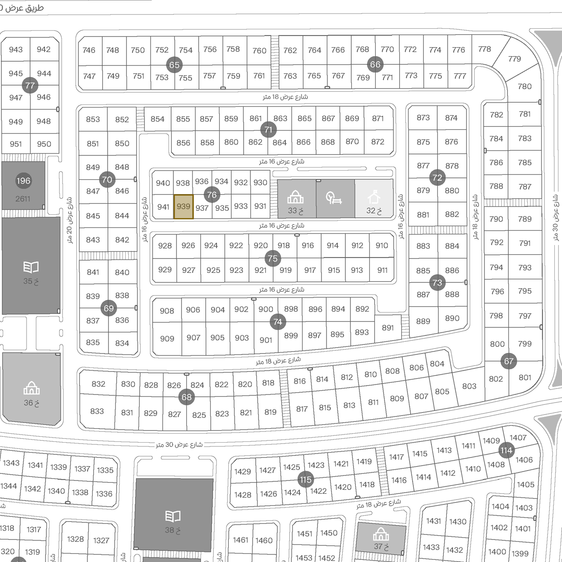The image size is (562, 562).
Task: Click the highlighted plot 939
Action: tap(184, 207)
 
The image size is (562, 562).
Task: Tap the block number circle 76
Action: tap(212, 195)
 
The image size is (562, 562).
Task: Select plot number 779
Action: tap(514, 59)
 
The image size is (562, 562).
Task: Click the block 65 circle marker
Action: tap(174, 65)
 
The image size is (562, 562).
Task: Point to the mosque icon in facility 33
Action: tap(295, 197)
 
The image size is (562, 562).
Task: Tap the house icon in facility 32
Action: tap(374, 197)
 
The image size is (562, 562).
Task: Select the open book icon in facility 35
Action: tap(31, 267)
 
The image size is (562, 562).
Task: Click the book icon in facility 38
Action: tap(173, 516)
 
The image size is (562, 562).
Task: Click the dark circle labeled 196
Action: tap(23, 181)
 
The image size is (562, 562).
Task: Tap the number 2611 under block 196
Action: tap(23, 199)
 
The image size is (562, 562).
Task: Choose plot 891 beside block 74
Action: tap(388, 328)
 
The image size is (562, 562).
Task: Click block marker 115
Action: tap(305, 480)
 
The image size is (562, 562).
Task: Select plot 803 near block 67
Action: tap(469, 386)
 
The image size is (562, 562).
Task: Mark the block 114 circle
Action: tap(506, 450)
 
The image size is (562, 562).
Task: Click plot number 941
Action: tap(163, 207)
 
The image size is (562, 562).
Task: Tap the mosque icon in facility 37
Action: tap(381, 535)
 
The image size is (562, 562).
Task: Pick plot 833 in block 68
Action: tap(97, 411)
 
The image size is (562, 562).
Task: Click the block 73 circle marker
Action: tap(437, 283)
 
